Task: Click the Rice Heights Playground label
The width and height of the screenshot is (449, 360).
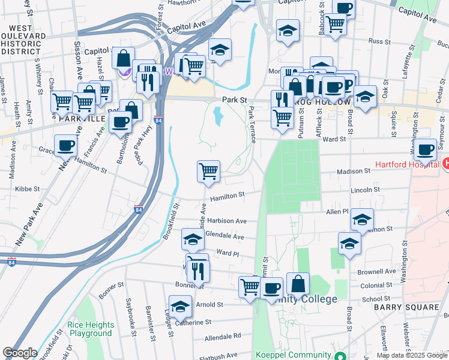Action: pos(89,329)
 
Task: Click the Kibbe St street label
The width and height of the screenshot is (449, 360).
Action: pos(27,188)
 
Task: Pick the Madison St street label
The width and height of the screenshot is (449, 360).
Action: pos(353,171)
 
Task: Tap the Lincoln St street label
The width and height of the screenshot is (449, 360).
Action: pos(366,190)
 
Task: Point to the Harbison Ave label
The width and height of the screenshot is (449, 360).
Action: pos(226,221)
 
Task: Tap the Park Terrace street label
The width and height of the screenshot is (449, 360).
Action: pos(252,125)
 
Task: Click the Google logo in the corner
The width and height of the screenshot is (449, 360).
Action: pos(20,353)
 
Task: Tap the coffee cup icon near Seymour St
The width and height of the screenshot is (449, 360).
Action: pos(425,150)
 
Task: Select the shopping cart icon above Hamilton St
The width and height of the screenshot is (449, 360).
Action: pos(208,171)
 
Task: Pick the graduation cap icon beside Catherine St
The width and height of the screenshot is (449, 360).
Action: pos(179,307)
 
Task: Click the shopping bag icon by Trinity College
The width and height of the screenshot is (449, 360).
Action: pos(298,284)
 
